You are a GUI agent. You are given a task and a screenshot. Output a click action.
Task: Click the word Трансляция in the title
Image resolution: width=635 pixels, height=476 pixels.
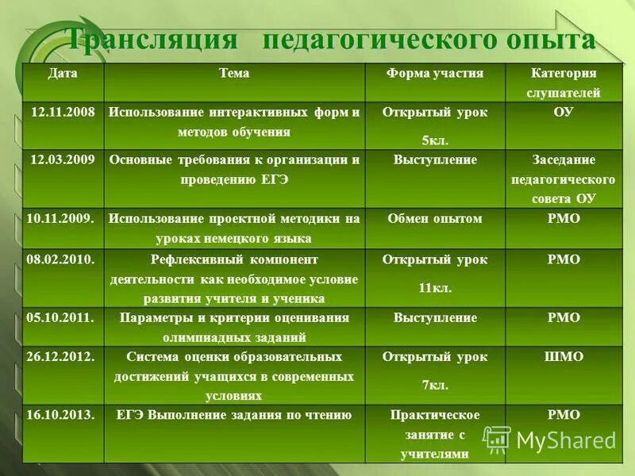[151, 40]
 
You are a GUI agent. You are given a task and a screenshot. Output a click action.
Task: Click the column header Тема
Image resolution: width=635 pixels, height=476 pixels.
[234, 73]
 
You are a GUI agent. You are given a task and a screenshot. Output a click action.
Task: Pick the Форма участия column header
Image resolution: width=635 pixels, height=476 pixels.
[435, 73]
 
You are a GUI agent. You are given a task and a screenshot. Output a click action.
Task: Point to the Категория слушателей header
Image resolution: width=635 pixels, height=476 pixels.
[564, 83]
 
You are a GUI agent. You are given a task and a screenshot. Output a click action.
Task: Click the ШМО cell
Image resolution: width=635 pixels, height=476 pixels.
[564, 357]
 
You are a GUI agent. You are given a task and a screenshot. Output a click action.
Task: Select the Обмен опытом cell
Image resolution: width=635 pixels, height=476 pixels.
[435, 218]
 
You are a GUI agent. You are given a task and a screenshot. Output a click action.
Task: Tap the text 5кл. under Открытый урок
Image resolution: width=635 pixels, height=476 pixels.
[435, 140]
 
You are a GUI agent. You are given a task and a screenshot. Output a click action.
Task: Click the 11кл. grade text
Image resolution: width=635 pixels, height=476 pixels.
[435, 288]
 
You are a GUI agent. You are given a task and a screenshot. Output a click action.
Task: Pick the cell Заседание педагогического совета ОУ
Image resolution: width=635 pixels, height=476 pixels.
[564, 179]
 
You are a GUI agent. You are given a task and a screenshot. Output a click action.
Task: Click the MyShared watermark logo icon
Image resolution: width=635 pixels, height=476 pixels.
[498, 440]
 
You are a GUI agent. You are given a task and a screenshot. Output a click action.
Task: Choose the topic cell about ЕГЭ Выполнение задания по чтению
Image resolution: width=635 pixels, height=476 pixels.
[234, 415]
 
